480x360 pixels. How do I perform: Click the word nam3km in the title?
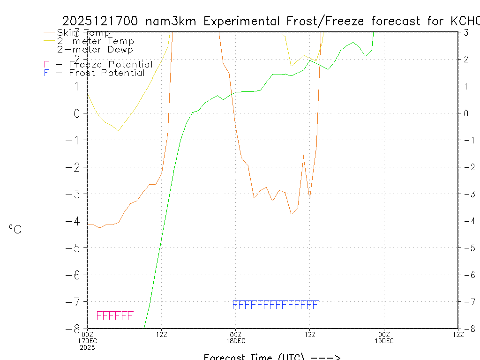172,21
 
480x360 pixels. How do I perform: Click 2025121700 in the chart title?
100,21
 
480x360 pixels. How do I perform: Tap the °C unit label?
15,229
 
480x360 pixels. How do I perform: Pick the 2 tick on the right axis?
466,59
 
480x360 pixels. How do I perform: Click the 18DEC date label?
235,341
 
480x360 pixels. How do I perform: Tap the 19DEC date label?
384,341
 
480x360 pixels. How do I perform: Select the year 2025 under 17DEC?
87,347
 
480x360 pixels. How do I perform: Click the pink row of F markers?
115,315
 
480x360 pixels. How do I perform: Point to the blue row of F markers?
276,305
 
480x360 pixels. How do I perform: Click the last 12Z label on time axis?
458,334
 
